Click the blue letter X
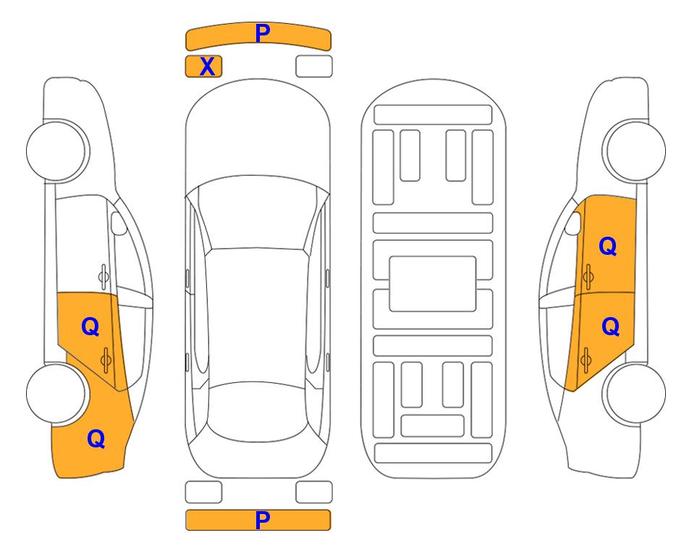(x=207, y=67)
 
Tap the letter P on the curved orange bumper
(x=263, y=33)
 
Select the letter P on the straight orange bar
(x=262, y=520)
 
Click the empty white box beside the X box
(x=314, y=67)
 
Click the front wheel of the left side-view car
(x=57, y=151)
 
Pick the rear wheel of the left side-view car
(x=56, y=394)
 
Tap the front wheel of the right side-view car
(x=634, y=151)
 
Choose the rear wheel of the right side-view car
(x=635, y=394)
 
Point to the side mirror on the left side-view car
(x=118, y=223)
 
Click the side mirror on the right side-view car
(x=573, y=223)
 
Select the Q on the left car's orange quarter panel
(x=96, y=439)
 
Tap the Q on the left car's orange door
(x=90, y=327)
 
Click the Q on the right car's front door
(x=608, y=246)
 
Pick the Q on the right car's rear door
(x=610, y=327)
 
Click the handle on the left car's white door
(x=104, y=277)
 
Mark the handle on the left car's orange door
(x=106, y=361)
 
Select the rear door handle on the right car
(x=586, y=360)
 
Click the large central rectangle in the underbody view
(x=433, y=284)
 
